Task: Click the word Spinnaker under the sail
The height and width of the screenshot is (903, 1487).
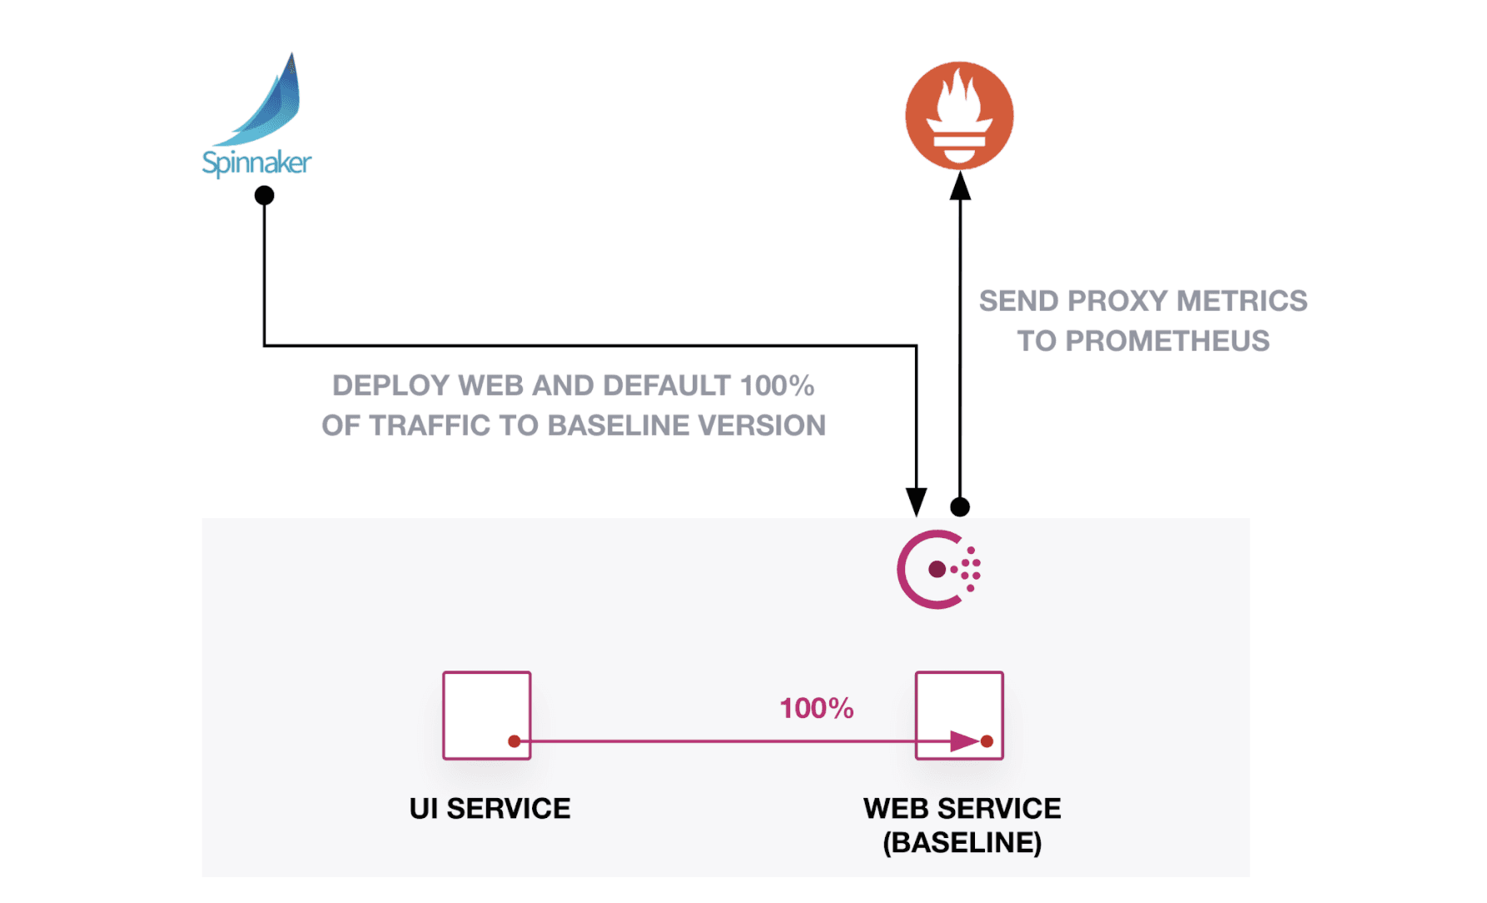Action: point(256,162)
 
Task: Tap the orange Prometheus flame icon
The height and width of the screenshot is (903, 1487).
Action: point(959,115)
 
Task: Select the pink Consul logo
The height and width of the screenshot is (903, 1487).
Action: point(937,570)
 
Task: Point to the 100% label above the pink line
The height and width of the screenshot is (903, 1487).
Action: point(816,709)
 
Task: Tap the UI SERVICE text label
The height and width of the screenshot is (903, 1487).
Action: point(490,809)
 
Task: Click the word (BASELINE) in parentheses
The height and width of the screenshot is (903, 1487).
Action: point(962,843)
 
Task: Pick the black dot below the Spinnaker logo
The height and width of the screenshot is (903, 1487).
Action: point(264,196)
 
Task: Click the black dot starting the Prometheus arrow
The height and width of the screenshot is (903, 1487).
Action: point(960,506)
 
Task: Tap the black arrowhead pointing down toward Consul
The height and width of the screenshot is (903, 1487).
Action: point(916,502)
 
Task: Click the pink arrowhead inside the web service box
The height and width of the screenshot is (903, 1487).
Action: point(964,741)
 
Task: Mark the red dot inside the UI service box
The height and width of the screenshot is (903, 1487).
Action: point(515,741)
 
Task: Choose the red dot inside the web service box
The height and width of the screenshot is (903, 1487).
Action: point(987,741)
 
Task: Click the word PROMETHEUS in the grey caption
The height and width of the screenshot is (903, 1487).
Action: point(1167,341)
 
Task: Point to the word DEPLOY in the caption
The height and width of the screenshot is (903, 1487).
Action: point(390,386)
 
